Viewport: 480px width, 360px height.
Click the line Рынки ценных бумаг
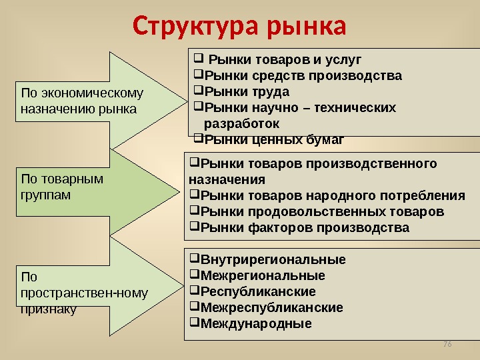point(273,139)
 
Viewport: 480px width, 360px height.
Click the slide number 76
point(447,343)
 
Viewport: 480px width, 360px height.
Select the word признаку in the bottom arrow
point(49,309)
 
